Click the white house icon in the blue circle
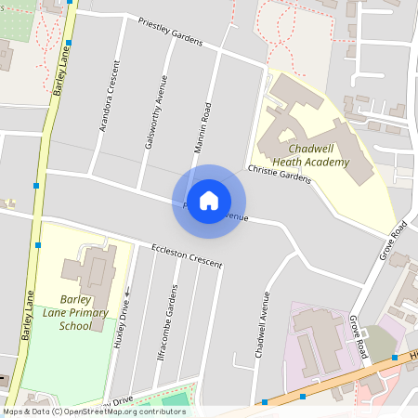coord(209,201)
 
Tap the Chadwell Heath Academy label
coord(319,155)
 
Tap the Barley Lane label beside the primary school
coord(28,316)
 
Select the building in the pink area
coord(320,334)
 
